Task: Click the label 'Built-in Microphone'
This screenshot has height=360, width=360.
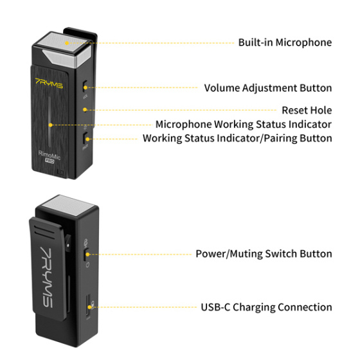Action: (x=285, y=42)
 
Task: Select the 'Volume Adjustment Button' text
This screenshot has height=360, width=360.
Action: (x=268, y=87)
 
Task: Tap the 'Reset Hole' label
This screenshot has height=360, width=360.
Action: (x=307, y=110)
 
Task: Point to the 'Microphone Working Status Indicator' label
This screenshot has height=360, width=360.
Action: (x=244, y=124)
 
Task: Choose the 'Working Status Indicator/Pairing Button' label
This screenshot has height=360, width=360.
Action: (x=237, y=138)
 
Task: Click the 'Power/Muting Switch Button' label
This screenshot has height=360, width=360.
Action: (x=264, y=253)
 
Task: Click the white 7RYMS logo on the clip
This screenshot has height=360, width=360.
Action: (x=46, y=264)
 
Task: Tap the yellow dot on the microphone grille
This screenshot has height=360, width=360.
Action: (x=66, y=43)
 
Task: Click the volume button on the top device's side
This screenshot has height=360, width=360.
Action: (x=86, y=86)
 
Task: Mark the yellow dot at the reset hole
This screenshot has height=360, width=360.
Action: (x=85, y=110)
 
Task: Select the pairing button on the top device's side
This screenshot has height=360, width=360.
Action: (x=87, y=138)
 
